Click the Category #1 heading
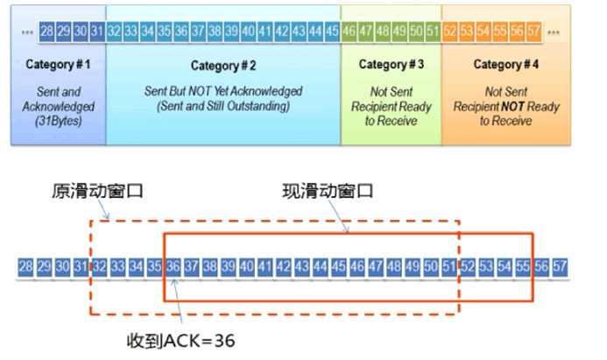(x=58, y=65)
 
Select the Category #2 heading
(x=222, y=65)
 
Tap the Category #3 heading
(x=392, y=65)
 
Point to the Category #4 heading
(x=509, y=65)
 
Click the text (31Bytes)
(x=58, y=121)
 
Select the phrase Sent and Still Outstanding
(x=222, y=106)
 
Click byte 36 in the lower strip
(x=173, y=265)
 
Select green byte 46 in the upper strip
(x=349, y=32)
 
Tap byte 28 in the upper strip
(x=48, y=32)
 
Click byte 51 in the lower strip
(x=449, y=265)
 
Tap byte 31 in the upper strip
(x=96, y=32)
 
